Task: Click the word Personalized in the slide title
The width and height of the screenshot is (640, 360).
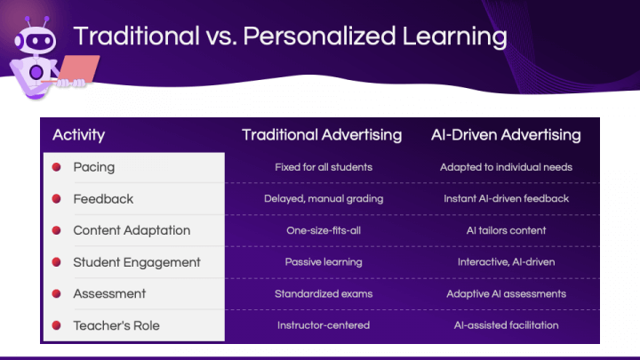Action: click(x=319, y=36)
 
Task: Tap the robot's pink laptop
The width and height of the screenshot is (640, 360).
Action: click(x=78, y=68)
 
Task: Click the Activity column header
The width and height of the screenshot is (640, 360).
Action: click(x=79, y=135)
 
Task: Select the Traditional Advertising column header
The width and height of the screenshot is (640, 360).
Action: click(x=322, y=135)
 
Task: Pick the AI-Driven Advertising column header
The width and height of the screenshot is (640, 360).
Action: click(x=506, y=135)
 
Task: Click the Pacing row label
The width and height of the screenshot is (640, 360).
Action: click(x=94, y=167)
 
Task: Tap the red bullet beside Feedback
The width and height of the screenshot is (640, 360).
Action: click(x=56, y=199)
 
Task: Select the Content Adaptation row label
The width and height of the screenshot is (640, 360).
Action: click(x=132, y=230)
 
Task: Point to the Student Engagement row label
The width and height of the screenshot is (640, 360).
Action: click(x=137, y=262)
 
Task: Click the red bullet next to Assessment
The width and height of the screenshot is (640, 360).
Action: click(x=56, y=293)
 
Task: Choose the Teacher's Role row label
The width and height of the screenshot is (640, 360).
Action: click(x=116, y=325)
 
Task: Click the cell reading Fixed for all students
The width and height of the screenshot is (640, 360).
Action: click(x=324, y=167)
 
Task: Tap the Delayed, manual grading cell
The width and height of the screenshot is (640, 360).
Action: click(x=324, y=199)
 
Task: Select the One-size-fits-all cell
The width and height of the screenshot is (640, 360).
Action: click(x=324, y=230)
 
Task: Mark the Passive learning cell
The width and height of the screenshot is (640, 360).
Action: click(x=324, y=262)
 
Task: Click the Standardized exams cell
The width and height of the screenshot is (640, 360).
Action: click(x=324, y=293)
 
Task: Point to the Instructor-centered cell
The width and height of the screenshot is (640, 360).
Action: click(x=324, y=325)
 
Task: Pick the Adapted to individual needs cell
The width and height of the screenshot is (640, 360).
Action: click(x=506, y=167)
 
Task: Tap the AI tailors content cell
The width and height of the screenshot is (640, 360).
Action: click(x=506, y=230)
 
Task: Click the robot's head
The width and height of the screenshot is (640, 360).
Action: click(x=36, y=40)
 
